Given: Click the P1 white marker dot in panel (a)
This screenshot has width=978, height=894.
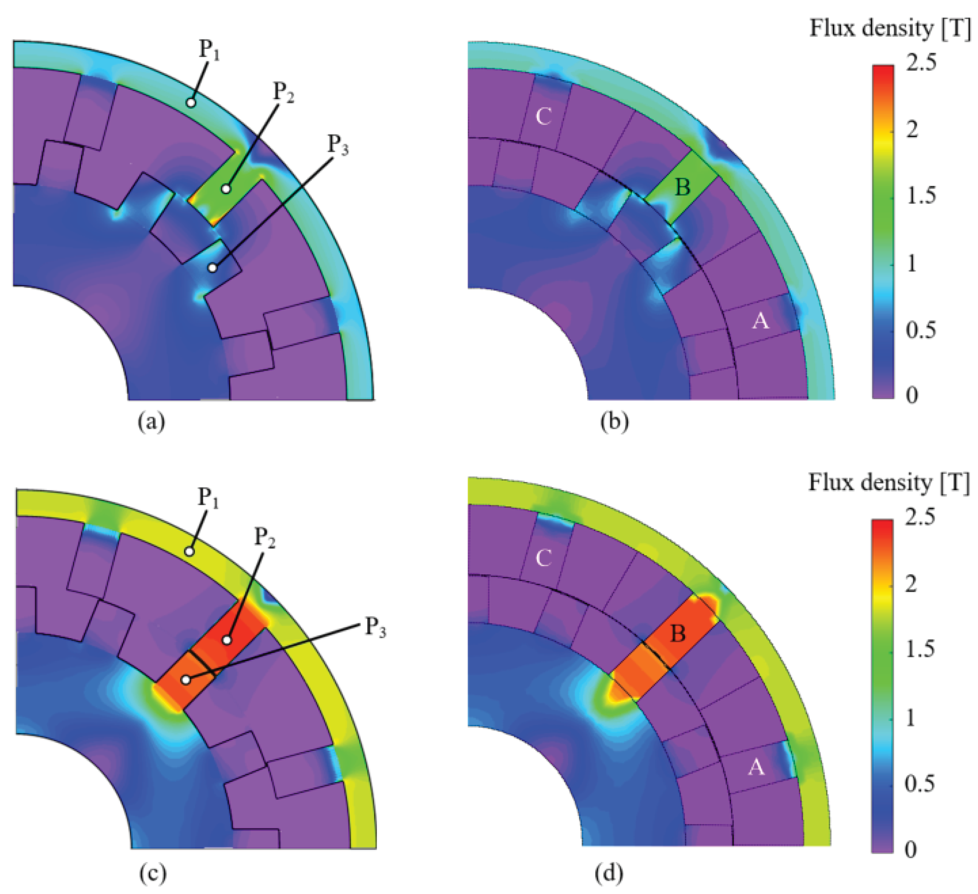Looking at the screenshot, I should tap(191, 103).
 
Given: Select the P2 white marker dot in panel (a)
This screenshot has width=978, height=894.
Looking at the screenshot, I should tap(226, 189).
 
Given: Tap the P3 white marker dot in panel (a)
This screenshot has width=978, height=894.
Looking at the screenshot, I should tap(212, 267).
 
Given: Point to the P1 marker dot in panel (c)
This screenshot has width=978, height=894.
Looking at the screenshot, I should tap(190, 551).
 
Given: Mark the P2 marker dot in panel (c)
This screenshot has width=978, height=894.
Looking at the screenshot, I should tap(227, 640).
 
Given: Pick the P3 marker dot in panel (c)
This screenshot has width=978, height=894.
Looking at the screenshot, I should tap(186, 680).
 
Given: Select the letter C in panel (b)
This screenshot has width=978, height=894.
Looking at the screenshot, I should tap(543, 116).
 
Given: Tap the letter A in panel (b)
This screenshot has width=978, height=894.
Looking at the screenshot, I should tap(760, 321).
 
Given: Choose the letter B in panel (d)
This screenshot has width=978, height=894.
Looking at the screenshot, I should tap(678, 634).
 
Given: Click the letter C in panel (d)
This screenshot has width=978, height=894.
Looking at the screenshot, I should tap(543, 559).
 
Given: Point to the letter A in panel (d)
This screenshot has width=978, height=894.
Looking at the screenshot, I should tap(756, 768).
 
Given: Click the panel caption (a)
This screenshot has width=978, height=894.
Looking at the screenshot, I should tap(151, 422).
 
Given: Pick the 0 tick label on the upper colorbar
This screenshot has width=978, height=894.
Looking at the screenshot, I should tap(912, 396).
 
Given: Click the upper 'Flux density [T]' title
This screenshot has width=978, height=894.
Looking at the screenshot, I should tap(890, 29).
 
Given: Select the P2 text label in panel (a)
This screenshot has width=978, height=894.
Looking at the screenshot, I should tap(284, 91).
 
